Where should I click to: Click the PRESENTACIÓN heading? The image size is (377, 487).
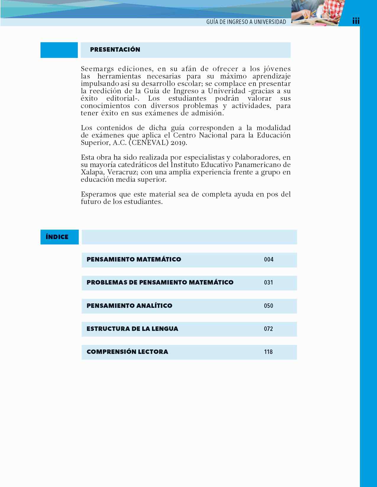115,50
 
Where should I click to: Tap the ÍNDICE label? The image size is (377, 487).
57,237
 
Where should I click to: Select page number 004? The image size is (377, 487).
268,259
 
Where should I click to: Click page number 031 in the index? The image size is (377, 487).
268,282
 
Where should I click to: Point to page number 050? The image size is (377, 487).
268,306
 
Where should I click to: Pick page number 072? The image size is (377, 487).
268,329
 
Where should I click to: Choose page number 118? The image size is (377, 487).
268,352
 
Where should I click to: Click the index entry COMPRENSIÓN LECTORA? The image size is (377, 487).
127,352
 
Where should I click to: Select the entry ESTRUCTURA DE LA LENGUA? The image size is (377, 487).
132,329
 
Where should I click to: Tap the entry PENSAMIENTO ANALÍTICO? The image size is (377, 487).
129,306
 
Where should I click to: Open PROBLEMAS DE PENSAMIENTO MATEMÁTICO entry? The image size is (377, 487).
160,282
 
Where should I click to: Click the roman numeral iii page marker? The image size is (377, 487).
356,21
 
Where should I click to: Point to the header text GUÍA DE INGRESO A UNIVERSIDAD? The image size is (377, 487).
246,22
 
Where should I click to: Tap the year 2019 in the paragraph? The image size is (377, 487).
179,143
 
